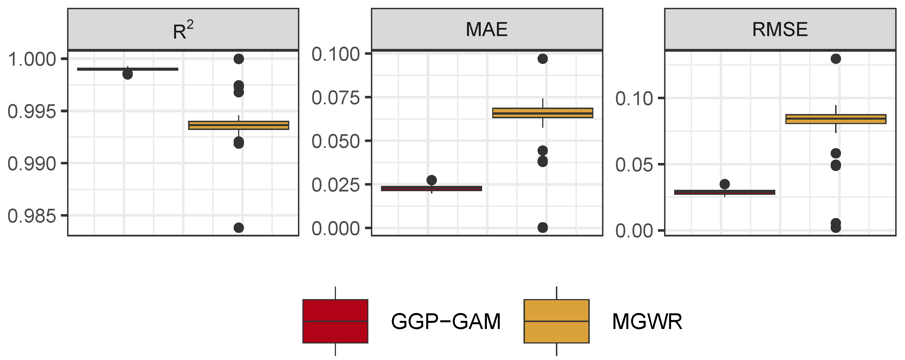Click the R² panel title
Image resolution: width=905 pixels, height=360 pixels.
[183, 30]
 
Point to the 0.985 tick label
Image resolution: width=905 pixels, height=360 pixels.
[32, 216]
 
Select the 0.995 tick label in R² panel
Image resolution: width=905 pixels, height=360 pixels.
[32, 112]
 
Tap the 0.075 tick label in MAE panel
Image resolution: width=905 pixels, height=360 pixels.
[335, 98]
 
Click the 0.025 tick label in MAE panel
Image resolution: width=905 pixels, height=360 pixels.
[335, 185]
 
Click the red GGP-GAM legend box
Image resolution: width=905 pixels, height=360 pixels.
[335, 321]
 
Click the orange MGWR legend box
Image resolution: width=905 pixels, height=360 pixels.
[556, 321]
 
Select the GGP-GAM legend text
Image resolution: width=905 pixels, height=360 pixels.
[446, 321]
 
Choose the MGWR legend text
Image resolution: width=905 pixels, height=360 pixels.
[647, 321]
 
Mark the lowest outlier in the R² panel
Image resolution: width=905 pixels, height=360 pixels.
[238, 228]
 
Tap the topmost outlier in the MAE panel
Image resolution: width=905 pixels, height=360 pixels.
[542, 59]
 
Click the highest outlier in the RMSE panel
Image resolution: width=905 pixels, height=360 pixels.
[835, 59]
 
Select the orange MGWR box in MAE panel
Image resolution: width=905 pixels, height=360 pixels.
[542, 113]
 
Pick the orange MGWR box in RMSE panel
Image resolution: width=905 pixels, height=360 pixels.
[835, 119]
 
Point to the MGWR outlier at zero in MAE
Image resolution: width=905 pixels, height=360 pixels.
[542, 228]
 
